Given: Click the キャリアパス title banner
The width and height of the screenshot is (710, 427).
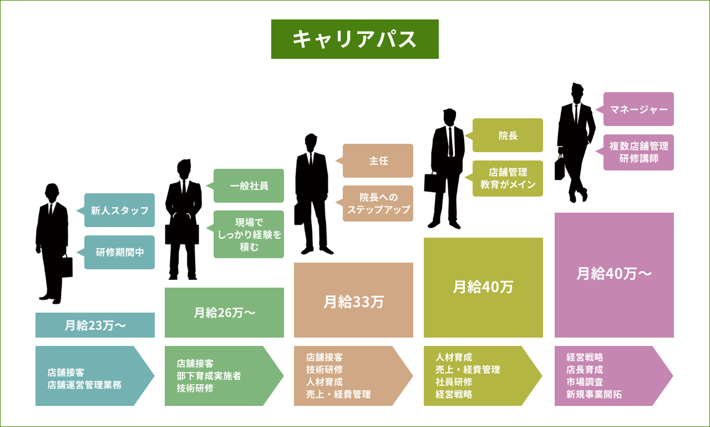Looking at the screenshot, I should (x=354, y=39).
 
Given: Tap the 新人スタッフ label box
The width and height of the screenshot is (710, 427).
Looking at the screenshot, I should (x=119, y=210).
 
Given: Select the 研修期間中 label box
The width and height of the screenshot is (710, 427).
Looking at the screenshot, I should (x=119, y=252).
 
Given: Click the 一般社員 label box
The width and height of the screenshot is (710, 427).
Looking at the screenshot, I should (x=248, y=186).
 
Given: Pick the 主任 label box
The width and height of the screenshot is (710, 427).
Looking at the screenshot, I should (x=378, y=161).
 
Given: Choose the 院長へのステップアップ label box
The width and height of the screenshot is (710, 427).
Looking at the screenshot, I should (x=378, y=203).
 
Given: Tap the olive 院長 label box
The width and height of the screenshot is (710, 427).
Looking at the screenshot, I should (x=508, y=135).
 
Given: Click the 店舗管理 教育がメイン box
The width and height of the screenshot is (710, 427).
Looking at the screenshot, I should (x=508, y=178).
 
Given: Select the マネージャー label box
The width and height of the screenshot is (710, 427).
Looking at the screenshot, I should (x=638, y=109).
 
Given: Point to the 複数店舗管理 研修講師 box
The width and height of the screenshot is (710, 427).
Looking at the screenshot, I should (x=638, y=152).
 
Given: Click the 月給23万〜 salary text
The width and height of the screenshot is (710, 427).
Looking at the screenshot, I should (x=95, y=325).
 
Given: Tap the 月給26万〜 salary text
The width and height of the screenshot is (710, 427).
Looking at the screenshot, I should (x=224, y=313).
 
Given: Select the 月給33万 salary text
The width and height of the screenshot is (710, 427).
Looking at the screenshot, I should (x=353, y=302).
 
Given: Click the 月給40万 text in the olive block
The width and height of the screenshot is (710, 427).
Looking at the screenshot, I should (x=483, y=287).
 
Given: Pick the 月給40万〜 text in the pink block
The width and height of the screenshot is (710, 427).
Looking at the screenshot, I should (x=614, y=274).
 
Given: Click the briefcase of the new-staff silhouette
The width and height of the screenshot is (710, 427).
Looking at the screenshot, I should (x=67, y=267).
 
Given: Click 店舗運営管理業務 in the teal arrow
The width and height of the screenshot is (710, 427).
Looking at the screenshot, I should (x=84, y=384).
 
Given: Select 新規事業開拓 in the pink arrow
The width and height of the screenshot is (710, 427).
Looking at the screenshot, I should (x=594, y=394).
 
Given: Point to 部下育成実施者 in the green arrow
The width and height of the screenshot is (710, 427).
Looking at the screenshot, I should (x=209, y=376).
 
